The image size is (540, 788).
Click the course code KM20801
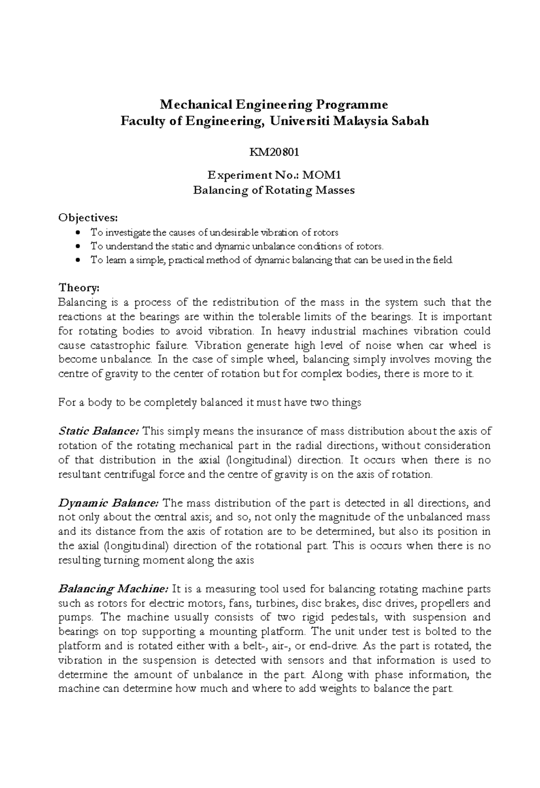274,152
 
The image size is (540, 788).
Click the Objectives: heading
88,218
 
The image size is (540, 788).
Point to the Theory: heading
79,287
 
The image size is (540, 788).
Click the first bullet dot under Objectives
79,233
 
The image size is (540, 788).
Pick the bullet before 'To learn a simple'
79,260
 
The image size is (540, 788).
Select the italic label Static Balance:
99,431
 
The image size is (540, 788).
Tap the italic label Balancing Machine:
113,589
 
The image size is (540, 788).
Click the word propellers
443,603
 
